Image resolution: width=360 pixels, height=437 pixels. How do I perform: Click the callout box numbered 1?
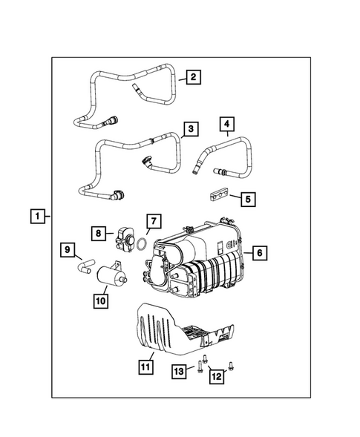35,216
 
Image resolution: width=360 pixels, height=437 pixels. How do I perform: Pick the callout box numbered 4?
227,123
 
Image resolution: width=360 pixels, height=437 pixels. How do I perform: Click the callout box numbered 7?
152,220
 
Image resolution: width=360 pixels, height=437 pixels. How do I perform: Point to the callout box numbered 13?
179,370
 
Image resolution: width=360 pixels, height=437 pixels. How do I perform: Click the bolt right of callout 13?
200,366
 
